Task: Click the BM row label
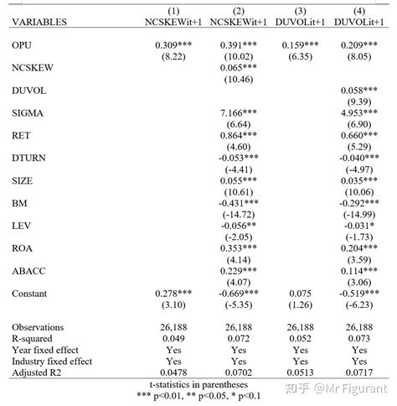(x=20, y=203)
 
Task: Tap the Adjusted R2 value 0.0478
(x=174, y=372)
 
